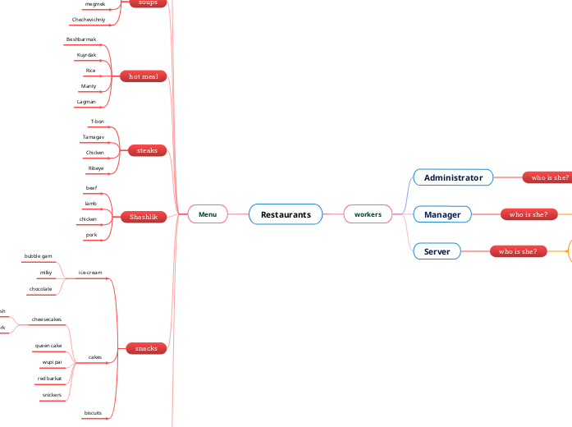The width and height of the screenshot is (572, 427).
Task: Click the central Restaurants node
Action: point(286,214)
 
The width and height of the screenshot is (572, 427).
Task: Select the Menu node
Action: point(208,214)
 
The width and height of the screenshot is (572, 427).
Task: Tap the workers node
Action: point(368,214)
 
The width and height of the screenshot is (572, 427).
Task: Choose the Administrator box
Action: point(453,177)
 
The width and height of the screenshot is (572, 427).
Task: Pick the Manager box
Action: point(442,214)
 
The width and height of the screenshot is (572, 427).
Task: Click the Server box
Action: point(437,251)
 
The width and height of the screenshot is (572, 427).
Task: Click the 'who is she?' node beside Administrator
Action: point(550,177)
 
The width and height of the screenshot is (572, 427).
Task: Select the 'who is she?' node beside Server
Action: point(517,251)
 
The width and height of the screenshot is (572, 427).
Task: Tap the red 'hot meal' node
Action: point(144,76)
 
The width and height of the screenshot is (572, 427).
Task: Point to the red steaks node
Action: point(147,151)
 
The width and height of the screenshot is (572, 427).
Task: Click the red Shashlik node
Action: point(144,217)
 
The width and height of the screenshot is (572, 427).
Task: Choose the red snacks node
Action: point(146,348)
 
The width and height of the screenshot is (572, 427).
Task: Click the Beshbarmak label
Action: point(81,39)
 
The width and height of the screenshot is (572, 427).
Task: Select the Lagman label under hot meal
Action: point(86,102)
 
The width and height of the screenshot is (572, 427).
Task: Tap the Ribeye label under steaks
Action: point(96,168)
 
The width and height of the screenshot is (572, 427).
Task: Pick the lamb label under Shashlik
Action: point(91,203)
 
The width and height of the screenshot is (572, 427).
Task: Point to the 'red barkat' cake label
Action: point(49,379)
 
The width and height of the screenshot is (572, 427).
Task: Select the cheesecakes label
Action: point(46,319)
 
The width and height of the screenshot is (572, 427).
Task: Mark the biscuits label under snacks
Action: point(93,412)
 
